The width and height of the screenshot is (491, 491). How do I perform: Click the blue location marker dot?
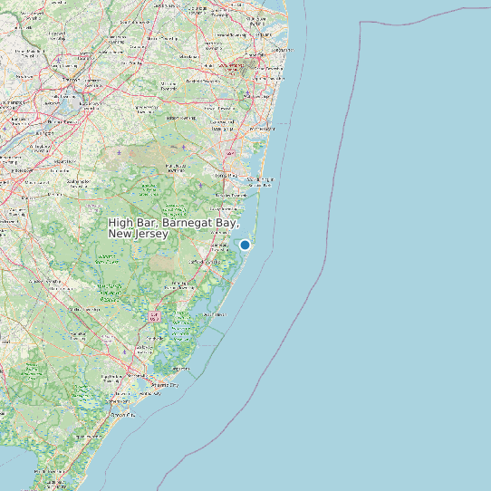(245, 245)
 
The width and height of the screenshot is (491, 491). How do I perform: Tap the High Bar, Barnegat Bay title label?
(173, 227)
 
